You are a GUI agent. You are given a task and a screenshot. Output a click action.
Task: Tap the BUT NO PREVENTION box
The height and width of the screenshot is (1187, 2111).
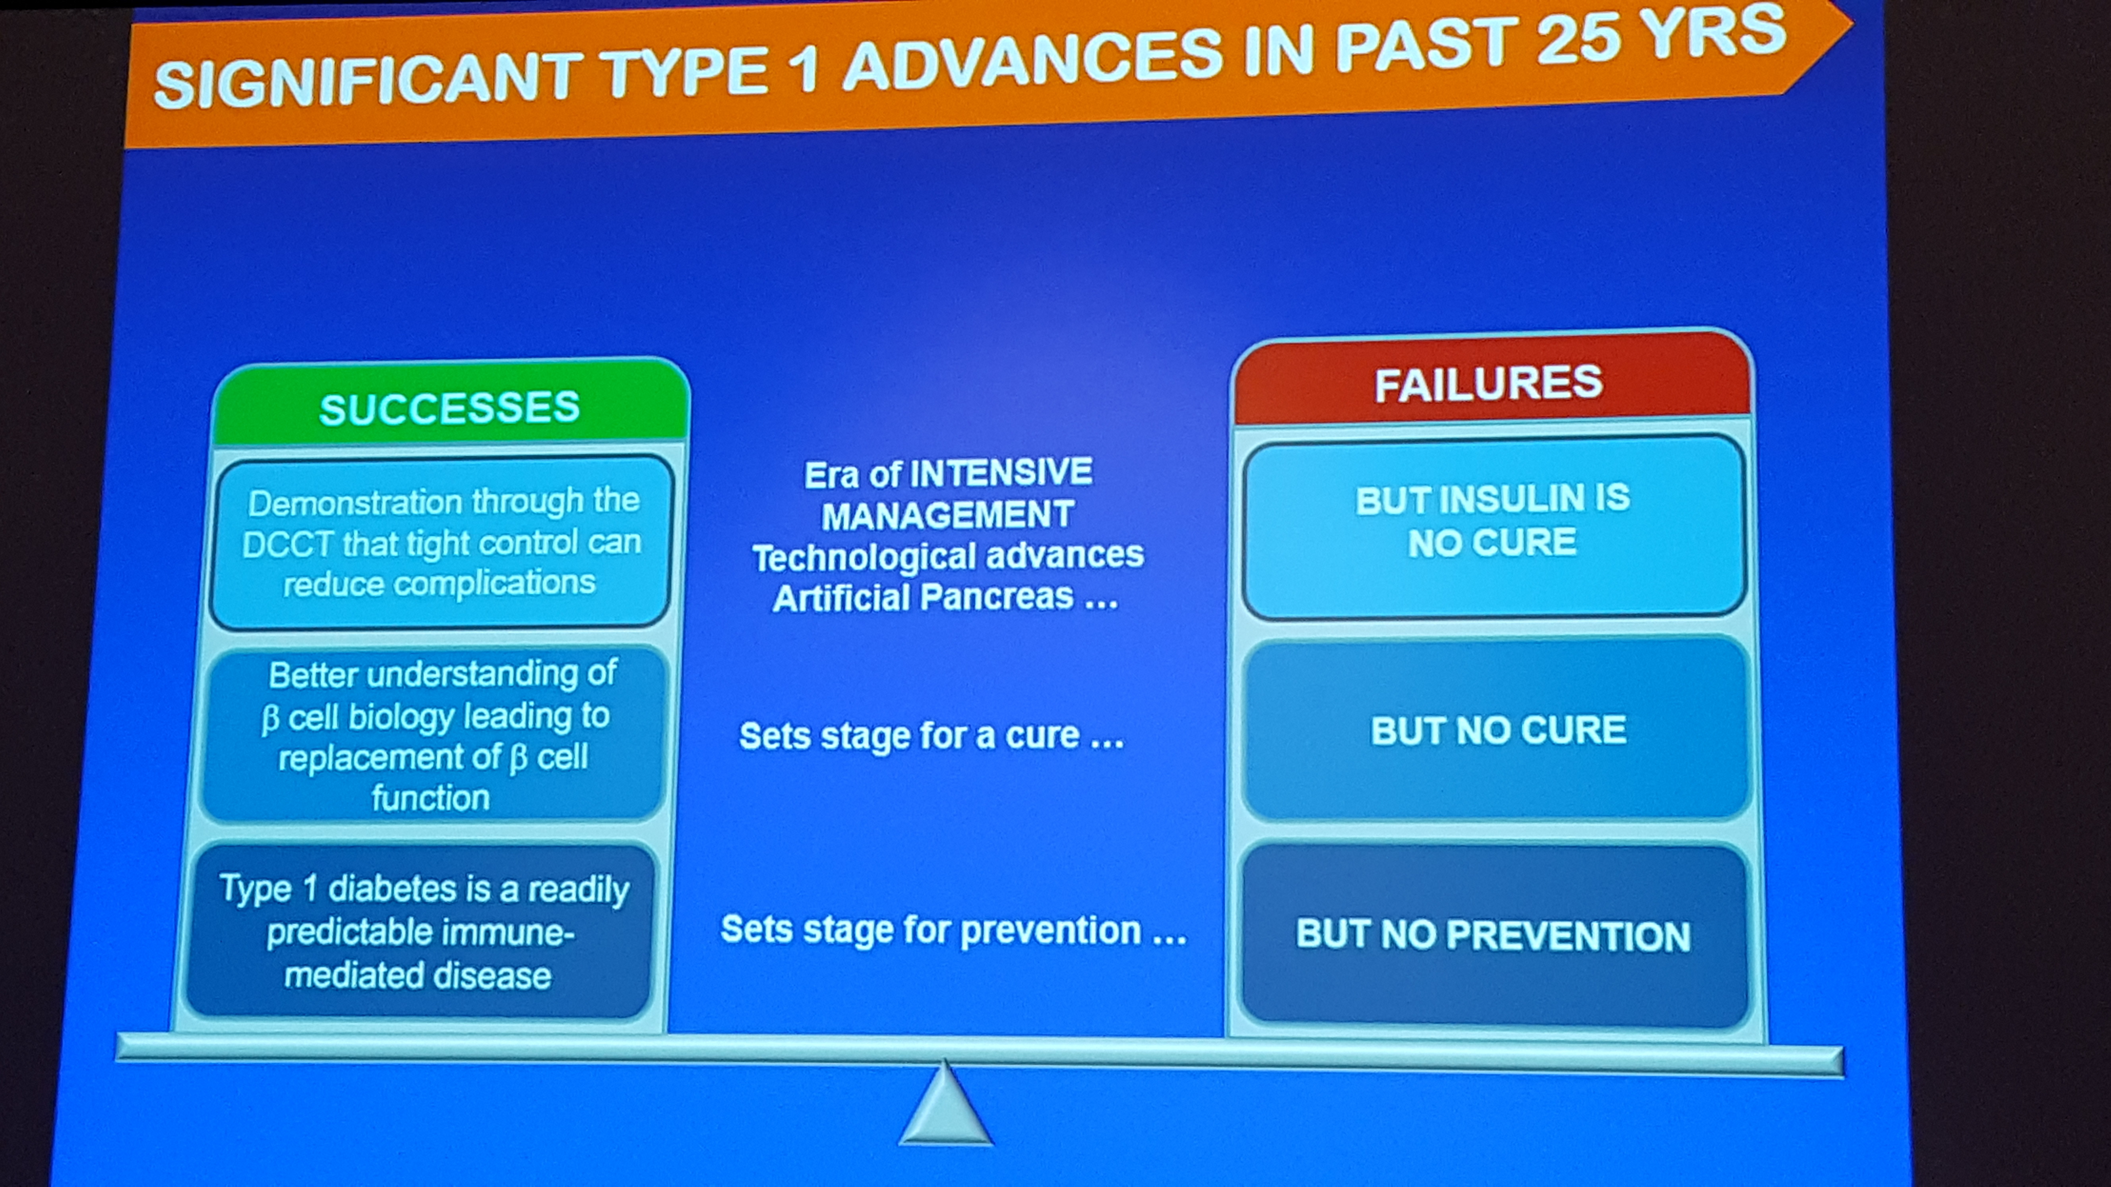(x=1493, y=935)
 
